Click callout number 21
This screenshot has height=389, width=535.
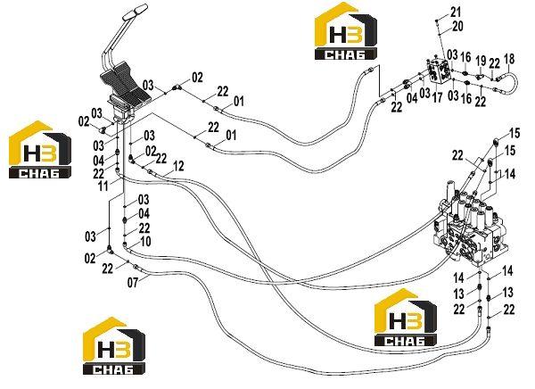[456, 12]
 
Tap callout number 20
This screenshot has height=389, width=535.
[458, 26]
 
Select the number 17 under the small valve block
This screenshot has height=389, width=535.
[437, 97]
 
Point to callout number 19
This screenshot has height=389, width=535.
[481, 61]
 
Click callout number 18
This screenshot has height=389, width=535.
[509, 59]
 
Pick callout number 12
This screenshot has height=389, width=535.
[178, 166]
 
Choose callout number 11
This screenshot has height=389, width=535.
[103, 186]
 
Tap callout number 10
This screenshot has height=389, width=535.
[145, 242]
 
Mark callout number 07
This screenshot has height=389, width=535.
[133, 283]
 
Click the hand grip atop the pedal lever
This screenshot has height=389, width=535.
[135, 12]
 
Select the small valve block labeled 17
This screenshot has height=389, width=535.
[439, 70]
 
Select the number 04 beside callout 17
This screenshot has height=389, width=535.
[412, 98]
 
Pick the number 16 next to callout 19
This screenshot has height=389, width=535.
[465, 57]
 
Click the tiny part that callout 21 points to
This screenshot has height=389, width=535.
[437, 21]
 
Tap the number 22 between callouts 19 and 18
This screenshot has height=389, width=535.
[494, 64]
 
